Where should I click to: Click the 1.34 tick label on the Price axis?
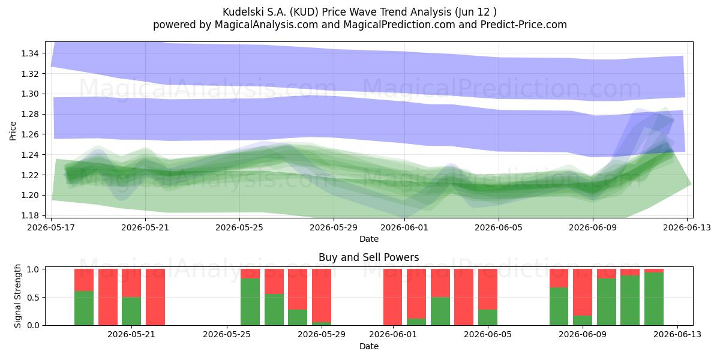pyautogui.click(x=29, y=53)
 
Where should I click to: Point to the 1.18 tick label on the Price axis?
pyautogui.click(x=29, y=215)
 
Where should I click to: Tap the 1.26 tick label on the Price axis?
pyautogui.click(x=29, y=134)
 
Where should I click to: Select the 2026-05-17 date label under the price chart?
pyautogui.click(x=51, y=227)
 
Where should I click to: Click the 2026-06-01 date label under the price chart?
pyautogui.click(x=404, y=227)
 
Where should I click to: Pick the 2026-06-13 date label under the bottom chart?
pyautogui.click(x=677, y=334)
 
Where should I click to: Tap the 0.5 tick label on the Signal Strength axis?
pyautogui.click(x=34, y=298)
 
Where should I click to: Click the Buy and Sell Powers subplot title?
pyautogui.click(x=368, y=257)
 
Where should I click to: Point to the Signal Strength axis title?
pyautogui.click(x=17, y=296)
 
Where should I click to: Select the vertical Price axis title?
pyautogui.click(x=13, y=131)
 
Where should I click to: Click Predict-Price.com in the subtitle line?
pyautogui.click(x=524, y=25)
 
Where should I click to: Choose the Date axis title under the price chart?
pyautogui.click(x=368, y=239)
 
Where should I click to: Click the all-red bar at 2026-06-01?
pyautogui.click(x=392, y=297)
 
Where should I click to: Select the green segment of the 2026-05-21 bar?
pyautogui.click(x=131, y=311)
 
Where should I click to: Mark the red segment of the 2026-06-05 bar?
pyautogui.click(x=488, y=289)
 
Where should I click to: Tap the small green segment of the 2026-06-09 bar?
pyautogui.click(x=583, y=320)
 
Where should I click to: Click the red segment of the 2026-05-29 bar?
pyautogui.click(x=322, y=295)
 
